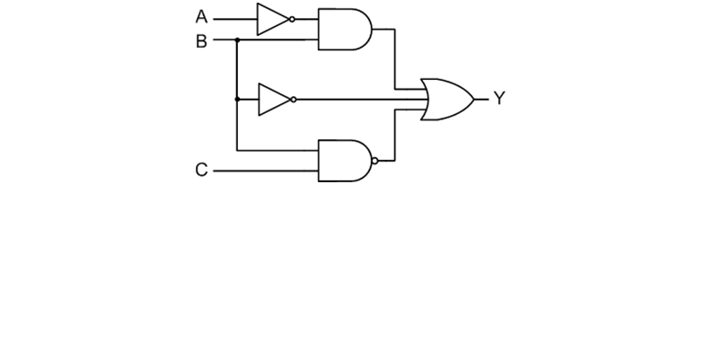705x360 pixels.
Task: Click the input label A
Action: click(x=201, y=16)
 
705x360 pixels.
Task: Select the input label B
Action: click(x=201, y=41)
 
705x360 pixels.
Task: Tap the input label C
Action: click(x=201, y=170)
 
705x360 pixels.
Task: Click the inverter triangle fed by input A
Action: click(x=272, y=19)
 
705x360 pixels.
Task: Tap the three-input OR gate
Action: click(x=446, y=99)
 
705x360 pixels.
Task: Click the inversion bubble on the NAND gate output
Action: click(x=375, y=161)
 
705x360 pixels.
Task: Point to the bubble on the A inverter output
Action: click(x=293, y=19)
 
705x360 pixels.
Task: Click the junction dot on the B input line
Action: click(x=236, y=40)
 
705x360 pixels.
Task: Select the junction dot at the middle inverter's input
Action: click(x=236, y=99)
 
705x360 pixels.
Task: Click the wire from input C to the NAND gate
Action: click(x=265, y=170)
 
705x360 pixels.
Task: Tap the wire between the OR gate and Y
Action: click(x=481, y=99)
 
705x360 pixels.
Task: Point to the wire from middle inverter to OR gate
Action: click(x=359, y=99)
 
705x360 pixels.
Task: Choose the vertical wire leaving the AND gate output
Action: click(x=395, y=59)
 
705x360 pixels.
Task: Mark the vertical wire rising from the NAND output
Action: click(x=395, y=135)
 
